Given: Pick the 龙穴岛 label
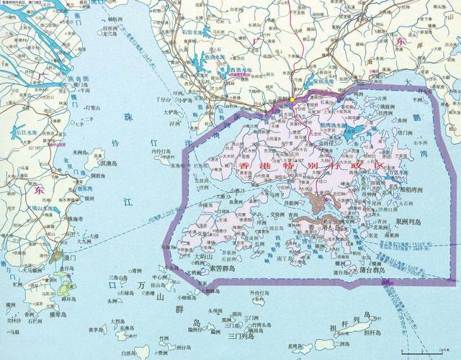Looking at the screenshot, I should click(113, 33).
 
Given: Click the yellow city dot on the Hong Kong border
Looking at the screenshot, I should click(292, 99).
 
